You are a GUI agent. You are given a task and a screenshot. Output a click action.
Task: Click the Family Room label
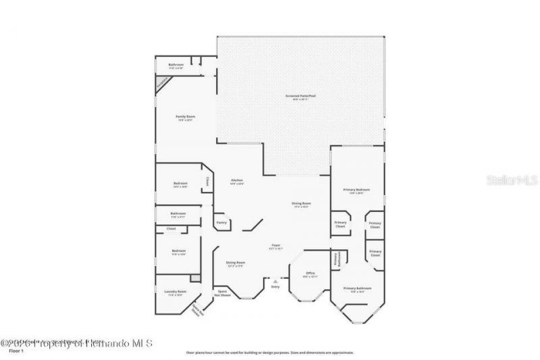click(x=185, y=117)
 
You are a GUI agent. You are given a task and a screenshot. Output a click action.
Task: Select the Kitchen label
click(x=237, y=180)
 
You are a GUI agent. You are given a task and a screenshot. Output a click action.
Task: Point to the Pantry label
click(x=221, y=222)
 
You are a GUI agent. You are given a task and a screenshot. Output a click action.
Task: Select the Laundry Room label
click(x=175, y=292)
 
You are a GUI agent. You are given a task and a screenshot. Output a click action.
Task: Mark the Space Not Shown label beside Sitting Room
click(x=221, y=293)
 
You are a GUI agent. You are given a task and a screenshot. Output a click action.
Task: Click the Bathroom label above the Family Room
click(x=175, y=65)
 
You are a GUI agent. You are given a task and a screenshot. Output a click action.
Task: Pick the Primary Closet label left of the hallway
click(x=341, y=224)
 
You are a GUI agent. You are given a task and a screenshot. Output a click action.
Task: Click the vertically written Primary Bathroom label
click(x=335, y=259)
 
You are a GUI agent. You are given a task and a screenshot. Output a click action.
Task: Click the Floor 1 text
click(x=16, y=351)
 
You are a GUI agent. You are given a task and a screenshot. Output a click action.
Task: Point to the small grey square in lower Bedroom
click(x=196, y=278)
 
